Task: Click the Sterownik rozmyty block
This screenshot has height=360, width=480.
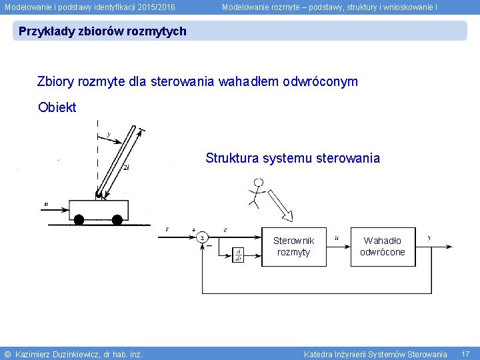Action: click(x=293, y=246)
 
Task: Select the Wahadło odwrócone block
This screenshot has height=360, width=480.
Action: click(x=383, y=246)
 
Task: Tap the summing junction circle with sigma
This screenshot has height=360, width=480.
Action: click(x=201, y=237)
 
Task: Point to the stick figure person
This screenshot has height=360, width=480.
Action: click(x=256, y=191)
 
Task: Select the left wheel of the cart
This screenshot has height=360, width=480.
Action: click(x=79, y=219)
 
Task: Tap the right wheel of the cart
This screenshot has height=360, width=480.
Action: click(x=117, y=219)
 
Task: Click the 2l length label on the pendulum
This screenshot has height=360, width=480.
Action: click(x=127, y=168)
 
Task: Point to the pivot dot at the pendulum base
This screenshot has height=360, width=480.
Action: click(x=99, y=195)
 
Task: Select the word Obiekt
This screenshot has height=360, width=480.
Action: click(x=57, y=107)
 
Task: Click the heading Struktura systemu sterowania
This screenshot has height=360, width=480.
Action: click(x=293, y=159)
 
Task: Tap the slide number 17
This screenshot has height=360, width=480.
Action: click(x=465, y=353)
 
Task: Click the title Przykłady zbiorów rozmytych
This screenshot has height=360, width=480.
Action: click(x=103, y=31)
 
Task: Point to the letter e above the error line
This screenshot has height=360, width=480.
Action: click(x=225, y=229)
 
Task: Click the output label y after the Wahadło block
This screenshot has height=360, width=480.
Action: click(x=429, y=237)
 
